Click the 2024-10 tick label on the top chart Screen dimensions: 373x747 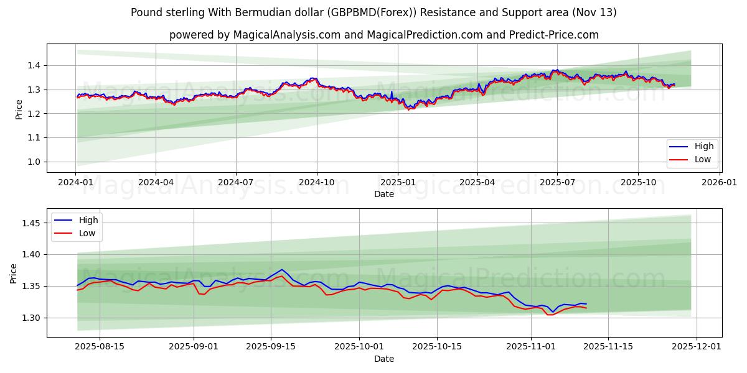(317, 182)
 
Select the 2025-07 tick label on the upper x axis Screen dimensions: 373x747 (557, 182)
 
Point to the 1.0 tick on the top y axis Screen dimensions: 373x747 (34, 162)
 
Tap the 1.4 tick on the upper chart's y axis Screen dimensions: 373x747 (34, 65)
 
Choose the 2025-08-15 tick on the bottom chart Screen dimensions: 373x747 (100, 347)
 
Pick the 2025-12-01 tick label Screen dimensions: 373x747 (697, 347)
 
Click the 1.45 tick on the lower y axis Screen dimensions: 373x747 (32, 223)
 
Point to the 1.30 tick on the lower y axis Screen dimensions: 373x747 (32, 318)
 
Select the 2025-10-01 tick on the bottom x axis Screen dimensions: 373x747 (359, 347)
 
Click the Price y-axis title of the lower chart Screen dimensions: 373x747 (14, 273)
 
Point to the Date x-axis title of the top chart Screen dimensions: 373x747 (383, 194)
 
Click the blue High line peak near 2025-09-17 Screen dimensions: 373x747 (282, 270)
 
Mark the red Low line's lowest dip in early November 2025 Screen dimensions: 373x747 (549, 315)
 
